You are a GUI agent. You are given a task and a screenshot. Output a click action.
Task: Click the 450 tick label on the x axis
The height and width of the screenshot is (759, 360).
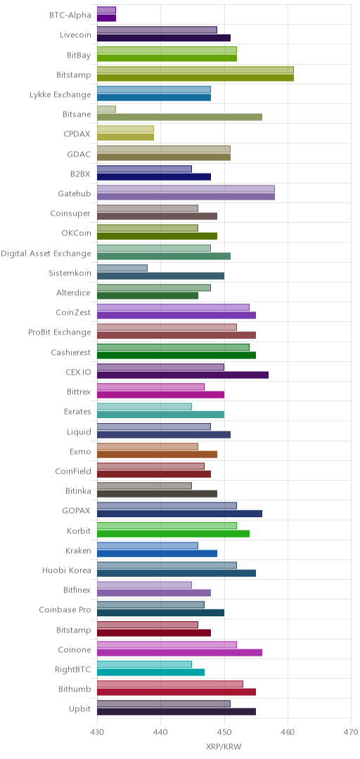[224, 731]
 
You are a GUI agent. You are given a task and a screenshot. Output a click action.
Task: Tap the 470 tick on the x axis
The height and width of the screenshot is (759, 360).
[352, 731]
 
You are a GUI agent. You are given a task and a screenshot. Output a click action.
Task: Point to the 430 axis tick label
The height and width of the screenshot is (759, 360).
[98, 731]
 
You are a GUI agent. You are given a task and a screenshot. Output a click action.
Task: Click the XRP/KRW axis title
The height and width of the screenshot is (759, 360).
[224, 746]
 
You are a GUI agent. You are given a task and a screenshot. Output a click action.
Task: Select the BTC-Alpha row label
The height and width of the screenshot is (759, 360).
[70, 15]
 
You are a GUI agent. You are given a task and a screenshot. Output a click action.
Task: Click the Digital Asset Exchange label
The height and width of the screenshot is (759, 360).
[46, 253]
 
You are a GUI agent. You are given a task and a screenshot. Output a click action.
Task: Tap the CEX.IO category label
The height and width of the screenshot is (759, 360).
[78, 372]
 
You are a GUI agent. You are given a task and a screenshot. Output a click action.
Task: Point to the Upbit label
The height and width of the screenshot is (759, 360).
[80, 708]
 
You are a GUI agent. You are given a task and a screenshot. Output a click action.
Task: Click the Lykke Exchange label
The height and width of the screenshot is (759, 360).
[60, 94]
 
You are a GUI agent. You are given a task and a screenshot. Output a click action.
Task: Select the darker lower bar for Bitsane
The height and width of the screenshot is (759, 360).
[180, 117]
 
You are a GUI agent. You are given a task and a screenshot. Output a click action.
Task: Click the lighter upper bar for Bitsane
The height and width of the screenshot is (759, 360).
[107, 110]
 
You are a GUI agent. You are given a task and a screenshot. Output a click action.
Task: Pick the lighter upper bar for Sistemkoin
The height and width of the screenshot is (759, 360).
[122, 268]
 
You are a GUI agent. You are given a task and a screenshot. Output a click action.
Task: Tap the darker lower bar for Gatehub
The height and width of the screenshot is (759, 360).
[186, 197]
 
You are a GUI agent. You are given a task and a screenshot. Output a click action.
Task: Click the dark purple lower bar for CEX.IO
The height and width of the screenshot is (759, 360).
[183, 375]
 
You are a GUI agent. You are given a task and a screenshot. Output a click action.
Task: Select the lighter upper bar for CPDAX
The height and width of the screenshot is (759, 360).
[125, 129]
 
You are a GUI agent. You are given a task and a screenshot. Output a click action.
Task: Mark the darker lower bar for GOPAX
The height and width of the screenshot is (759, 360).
[180, 514]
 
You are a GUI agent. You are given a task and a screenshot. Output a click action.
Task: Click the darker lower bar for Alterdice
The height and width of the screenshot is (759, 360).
[148, 296]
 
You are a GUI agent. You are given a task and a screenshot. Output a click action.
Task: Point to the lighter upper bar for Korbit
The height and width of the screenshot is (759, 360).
[167, 526]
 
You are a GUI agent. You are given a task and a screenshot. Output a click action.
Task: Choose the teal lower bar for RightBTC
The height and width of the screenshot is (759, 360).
[150, 673]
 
